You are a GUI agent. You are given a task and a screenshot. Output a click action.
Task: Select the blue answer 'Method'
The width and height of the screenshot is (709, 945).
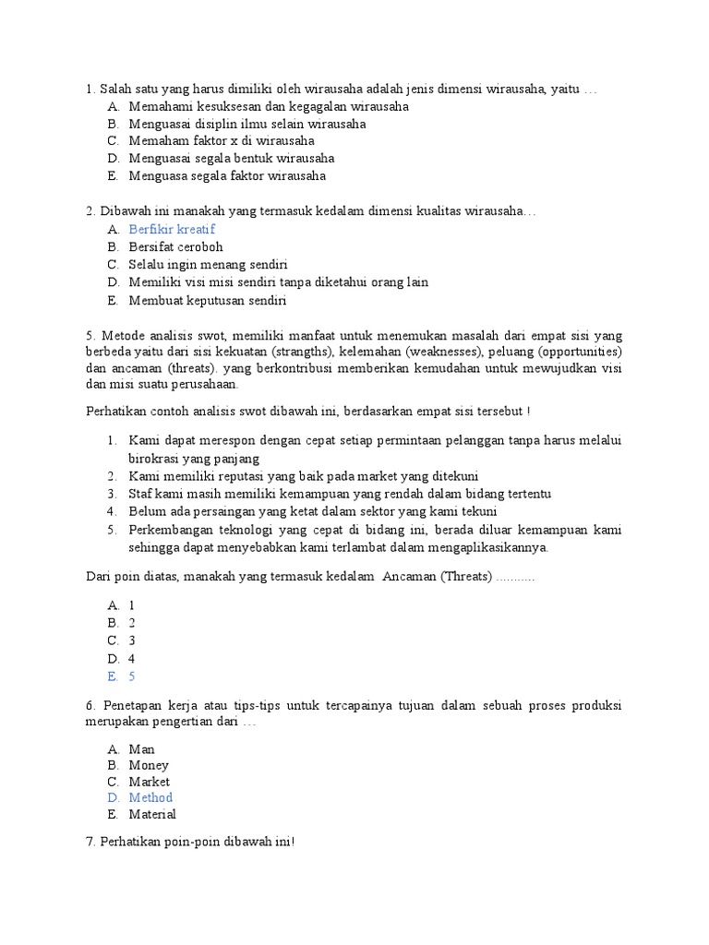tap(150, 797)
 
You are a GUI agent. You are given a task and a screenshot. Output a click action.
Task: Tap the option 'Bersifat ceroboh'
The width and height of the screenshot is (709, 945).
tap(175, 247)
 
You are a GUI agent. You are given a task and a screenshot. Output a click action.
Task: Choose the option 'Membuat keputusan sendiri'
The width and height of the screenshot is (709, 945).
tap(208, 300)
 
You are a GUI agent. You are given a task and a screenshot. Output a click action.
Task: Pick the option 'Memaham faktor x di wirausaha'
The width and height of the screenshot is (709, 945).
tap(222, 140)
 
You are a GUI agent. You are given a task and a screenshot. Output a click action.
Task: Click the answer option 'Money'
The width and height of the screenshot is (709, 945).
tap(149, 765)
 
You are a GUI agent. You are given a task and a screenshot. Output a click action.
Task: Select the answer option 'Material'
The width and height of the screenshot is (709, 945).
tap(152, 814)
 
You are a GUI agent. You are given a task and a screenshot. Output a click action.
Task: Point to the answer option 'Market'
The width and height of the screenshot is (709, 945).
tap(150, 782)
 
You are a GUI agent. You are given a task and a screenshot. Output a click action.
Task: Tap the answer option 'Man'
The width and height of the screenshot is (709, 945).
tap(141, 749)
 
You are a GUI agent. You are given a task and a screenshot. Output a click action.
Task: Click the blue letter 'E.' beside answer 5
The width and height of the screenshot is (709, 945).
tap(113, 676)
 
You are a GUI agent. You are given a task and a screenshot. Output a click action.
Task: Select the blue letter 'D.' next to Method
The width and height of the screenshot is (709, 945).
tap(113, 797)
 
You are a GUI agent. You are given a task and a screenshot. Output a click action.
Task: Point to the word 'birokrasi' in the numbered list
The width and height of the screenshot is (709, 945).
tap(154, 458)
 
